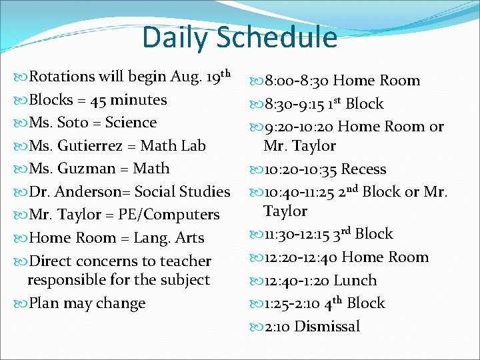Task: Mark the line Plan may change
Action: (x=87, y=303)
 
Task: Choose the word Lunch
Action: (x=355, y=281)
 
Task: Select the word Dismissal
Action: (x=327, y=327)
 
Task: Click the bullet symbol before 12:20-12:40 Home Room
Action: (x=257, y=258)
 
